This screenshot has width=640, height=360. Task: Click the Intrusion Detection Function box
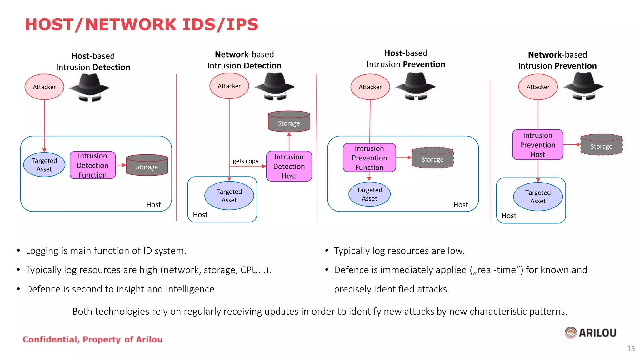pyautogui.click(x=92, y=165)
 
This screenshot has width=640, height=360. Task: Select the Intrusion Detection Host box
pyautogui.click(x=289, y=166)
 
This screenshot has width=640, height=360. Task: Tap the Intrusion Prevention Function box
pyautogui.click(x=369, y=158)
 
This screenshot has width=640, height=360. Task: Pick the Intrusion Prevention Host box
pyautogui.click(x=537, y=145)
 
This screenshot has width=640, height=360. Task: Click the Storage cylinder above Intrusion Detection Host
pyautogui.click(x=289, y=122)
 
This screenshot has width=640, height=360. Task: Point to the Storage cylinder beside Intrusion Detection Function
pyautogui.click(x=147, y=165)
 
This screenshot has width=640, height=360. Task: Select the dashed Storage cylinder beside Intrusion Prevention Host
pyautogui.click(x=601, y=145)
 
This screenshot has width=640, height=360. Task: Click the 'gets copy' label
pyautogui.click(x=245, y=161)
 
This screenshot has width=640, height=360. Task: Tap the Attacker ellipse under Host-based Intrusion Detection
pyautogui.click(x=44, y=87)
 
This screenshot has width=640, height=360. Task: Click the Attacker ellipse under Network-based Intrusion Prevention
pyautogui.click(x=538, y=87)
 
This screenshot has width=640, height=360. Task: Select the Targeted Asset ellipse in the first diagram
pyautogui.click(x=44, y=165)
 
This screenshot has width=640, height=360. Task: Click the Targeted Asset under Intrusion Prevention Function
pyautogui.click(x=369, y=194)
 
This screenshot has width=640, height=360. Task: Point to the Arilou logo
pyautogui.click(x=590, y=332)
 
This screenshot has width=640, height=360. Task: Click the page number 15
pyautogui.click(x=631, y=349)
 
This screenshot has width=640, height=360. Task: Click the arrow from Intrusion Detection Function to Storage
pyautogui.click(x=121, y=165)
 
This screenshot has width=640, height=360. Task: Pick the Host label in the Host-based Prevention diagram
pyautogui.click(x=460, y=205)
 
